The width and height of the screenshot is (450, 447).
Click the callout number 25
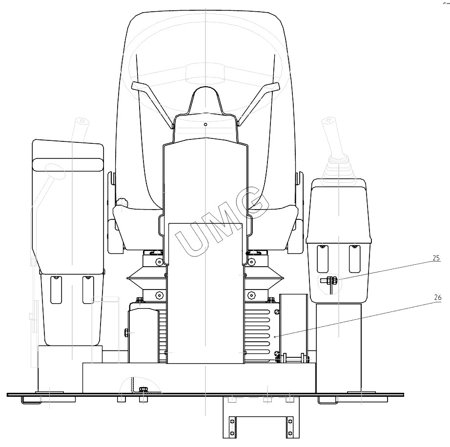coord(436,258)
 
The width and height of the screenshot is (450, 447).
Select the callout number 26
coord(437,297)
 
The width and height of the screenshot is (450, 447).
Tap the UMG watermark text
coord(222,221)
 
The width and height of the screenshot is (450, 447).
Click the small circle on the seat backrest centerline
coord(205,124)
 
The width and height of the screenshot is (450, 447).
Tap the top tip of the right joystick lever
coord(328,120)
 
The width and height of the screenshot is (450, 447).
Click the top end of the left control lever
coord(82,121)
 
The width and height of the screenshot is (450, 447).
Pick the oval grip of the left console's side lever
coord(55,171)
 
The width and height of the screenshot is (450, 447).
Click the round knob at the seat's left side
coord(122,203)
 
